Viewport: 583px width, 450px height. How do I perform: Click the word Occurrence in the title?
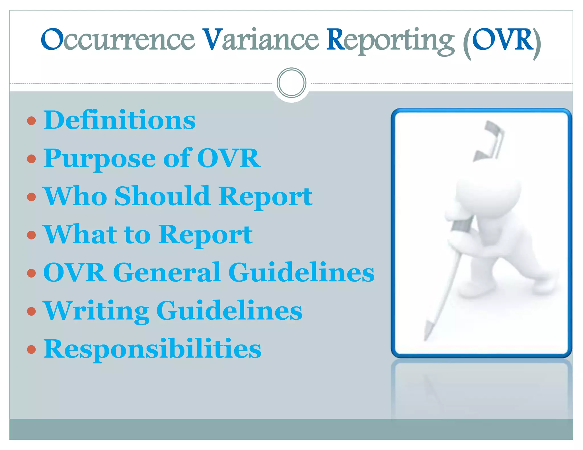pyautogui.click(x=118, y=40)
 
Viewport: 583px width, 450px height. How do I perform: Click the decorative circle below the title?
pyautogui.click(x=291, y=83)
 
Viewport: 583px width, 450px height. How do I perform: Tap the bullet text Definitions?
pyautogui.click(x=120, y=120)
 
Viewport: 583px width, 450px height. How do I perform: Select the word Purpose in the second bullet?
pyautogui.click(x=100, y=158)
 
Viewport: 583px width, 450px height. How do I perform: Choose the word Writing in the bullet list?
pyautogui.click(x=96, y=311)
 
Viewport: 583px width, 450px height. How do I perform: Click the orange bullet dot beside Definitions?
pyautogui.click(x=31, y=121)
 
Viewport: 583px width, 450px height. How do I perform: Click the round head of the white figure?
pyautogui.click(x=488, y=191)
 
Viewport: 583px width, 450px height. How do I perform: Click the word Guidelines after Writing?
pyautogui.click(x=229, y=311)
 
